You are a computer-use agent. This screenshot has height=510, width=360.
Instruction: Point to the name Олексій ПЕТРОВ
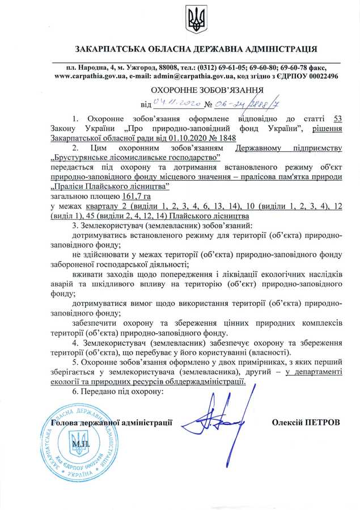[306, 423]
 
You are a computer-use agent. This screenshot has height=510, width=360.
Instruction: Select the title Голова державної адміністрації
[111, 423]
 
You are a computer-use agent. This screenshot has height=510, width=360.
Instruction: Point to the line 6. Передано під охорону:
[117, 392]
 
